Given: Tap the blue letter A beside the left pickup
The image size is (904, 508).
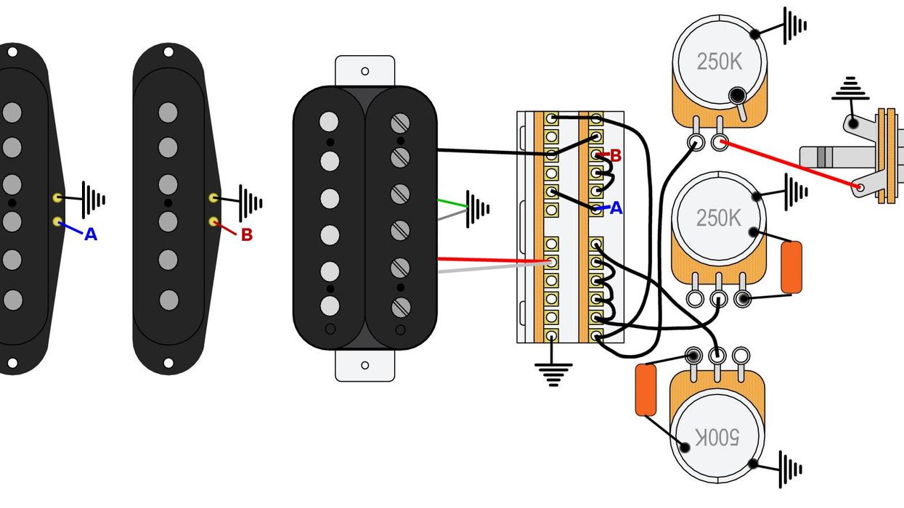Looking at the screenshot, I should tap(91, 234).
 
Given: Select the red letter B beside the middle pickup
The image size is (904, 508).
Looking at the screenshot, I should tap(246, 235).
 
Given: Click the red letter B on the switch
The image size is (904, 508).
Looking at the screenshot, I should tap(616, 155).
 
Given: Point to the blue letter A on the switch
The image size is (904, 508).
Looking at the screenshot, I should tap(616, 208).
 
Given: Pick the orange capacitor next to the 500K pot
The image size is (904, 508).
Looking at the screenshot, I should tap(645, 390).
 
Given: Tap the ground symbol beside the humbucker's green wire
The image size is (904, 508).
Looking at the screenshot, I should tap(479, 209).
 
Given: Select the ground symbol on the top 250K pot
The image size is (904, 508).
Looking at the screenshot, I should tap(795, 25).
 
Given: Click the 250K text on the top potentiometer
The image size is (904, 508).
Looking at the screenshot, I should tap(719, 62).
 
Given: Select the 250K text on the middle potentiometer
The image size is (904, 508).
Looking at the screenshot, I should tap(719, 218).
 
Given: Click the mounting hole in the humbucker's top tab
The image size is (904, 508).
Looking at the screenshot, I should tap(365, 71).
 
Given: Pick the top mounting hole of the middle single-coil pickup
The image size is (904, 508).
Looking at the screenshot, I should tap(168, 52).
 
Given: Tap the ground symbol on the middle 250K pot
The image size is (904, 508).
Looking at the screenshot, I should tap(795, 192).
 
